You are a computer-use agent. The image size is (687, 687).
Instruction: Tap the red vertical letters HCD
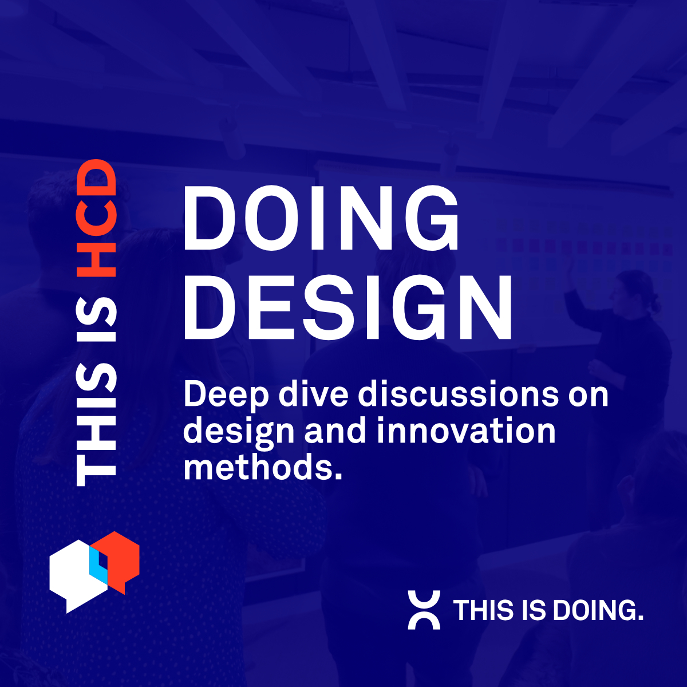(x=96, y=218)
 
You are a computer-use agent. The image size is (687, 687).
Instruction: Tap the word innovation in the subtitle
(x=466, y=431)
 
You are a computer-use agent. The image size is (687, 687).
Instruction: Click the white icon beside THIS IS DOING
(x=424, y=610)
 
